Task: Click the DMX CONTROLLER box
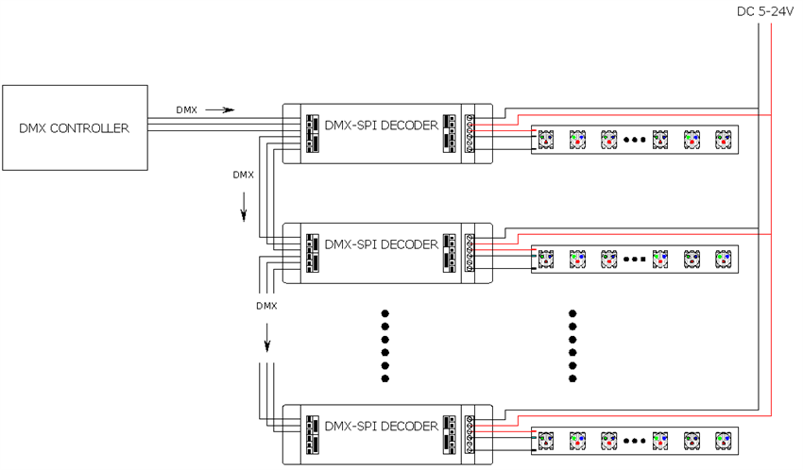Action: tap(75, 127)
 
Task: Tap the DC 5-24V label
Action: tap(765, 11)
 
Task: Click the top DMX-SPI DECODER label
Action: tap(381, 125)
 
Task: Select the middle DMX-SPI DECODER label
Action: tap(381, 244)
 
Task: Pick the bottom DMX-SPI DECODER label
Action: tap(381, 426)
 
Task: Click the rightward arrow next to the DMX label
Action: tap(219, 109)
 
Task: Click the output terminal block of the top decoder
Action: tap(470, 132)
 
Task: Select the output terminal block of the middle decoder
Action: tap(470, 252)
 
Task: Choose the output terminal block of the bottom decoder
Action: tap(470, 433)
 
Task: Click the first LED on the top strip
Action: tap(546, 139)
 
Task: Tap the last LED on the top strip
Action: tap(723, 139)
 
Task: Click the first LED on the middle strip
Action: tap(546, 258)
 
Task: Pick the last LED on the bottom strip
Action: tap(723, 440)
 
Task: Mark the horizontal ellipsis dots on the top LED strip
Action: tap(635, 140)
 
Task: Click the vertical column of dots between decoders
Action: tap(384, 345)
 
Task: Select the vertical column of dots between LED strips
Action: tap(572, 345)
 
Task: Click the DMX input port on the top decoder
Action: tap(311, 133)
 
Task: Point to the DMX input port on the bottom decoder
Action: tap(311, 434)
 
